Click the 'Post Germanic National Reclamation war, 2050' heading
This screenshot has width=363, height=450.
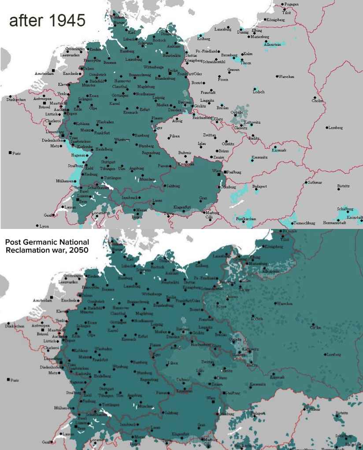47,246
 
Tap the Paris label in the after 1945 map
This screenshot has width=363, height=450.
16,154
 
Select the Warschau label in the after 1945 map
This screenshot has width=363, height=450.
286,77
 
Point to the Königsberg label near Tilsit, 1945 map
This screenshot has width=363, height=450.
277,19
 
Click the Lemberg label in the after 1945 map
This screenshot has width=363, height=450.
335,128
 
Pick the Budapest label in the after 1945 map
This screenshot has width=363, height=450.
260,186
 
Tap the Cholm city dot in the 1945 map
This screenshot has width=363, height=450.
315,97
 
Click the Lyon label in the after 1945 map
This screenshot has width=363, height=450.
44,226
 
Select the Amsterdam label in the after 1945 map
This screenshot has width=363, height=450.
44,74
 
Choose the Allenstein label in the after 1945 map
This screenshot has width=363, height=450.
272,44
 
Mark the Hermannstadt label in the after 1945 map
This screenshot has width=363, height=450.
334,223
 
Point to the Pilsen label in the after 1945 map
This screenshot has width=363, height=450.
174,136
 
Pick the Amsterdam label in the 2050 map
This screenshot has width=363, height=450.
43,300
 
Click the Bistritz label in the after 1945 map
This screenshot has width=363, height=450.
344,186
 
